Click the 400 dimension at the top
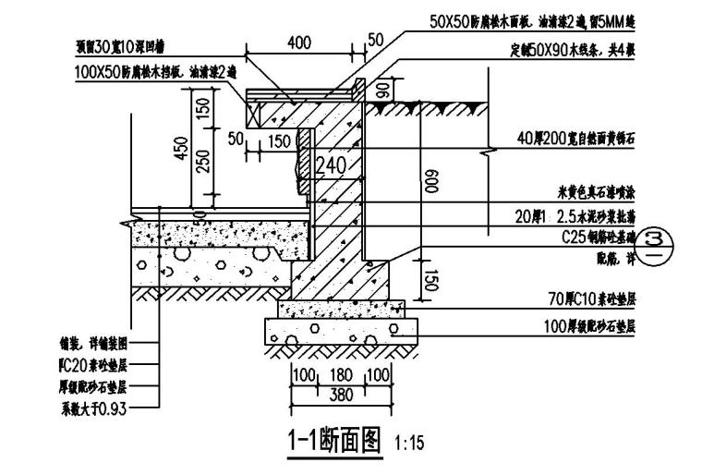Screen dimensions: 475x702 pos(298,43)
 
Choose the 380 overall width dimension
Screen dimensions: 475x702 pos(340,394)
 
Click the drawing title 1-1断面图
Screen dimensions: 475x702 pos(333,439)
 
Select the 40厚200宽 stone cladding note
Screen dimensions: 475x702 pos(576,139)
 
